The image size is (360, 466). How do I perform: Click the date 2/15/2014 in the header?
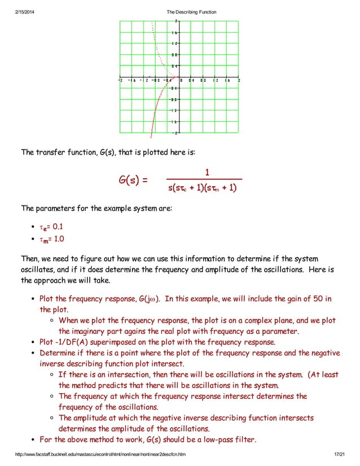26,12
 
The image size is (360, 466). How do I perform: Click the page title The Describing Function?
191,12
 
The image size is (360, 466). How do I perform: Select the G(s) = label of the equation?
133,181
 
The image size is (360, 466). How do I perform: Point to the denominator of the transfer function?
203,188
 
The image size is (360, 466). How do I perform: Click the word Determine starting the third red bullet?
59,353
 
